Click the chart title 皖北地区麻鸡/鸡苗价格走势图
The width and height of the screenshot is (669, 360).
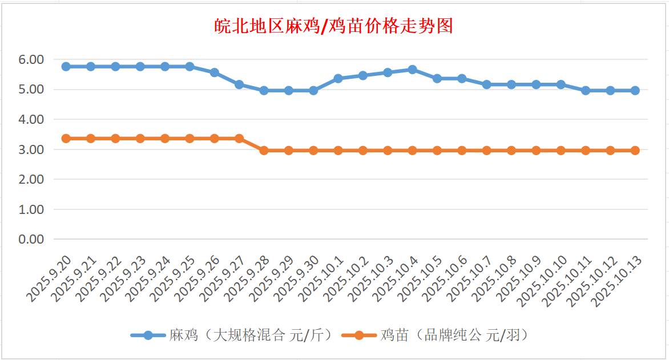(x=334, y=26)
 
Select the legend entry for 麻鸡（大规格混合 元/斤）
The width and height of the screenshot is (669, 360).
(x=232, y=335)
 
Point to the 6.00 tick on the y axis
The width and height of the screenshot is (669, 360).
(x=31, y=59)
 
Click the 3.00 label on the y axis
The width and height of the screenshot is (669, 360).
(x=31, y=149)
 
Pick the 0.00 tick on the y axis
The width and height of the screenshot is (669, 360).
(x=31, y=239)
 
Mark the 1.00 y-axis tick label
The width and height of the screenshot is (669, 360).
(x=31, y=209)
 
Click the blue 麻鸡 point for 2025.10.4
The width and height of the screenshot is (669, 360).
(x=412, y=70)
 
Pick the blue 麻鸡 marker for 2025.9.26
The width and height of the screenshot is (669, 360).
(x=214, y=72)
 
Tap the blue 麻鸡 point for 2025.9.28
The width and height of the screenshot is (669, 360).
(x=264, y=90)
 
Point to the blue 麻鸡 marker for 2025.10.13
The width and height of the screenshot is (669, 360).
(x=635, y=90)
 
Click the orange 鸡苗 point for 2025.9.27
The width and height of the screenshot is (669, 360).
(x=239, y=139)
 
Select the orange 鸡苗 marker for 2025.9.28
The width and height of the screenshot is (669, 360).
(x=264, y=151)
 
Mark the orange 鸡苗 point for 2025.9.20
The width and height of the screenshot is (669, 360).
(x=66, y=139)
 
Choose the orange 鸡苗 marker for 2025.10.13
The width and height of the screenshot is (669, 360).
(x=635, y=151)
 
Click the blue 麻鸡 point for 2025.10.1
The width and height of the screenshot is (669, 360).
(x=338, y=78)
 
